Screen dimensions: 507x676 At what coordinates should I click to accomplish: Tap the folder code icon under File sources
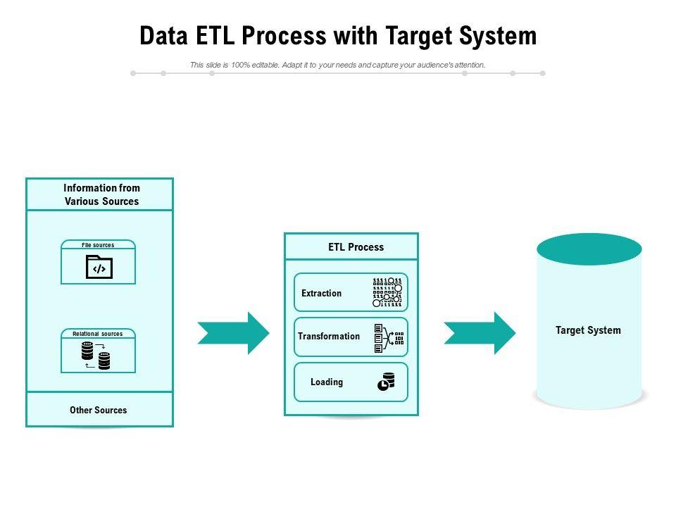(x=99, y=268)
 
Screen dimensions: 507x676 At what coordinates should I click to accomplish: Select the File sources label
(x=98, y=245)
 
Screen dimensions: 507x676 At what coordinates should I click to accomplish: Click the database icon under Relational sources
(x=96, y=356)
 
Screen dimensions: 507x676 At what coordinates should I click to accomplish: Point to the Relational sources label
(x=98, y=334)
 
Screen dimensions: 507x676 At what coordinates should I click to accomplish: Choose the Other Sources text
(x=99, y=410)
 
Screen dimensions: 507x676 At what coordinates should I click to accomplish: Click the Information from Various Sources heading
(x=101, y=194)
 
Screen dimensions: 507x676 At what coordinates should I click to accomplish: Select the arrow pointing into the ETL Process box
(x=233, y=332)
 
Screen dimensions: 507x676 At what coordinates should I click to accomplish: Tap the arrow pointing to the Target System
(x=480, y=332)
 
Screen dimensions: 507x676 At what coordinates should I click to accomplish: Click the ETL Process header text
(x=356, y=247)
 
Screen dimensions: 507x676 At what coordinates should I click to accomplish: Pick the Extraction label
(x=321, y=293)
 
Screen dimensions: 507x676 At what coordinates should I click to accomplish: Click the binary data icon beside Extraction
(x=387, y=292)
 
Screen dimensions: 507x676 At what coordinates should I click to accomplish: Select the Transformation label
(x=329, y=336)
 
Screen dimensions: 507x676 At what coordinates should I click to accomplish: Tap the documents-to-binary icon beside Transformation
(x=389, y=338)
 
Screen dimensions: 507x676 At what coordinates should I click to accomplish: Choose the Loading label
(x=327, y=382)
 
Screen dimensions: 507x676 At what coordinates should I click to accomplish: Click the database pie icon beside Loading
(x=387, y=382)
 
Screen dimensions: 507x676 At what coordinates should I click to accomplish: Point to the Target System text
(x=588, y=330)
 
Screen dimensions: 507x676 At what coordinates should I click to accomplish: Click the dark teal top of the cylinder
(x=589, y=249)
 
